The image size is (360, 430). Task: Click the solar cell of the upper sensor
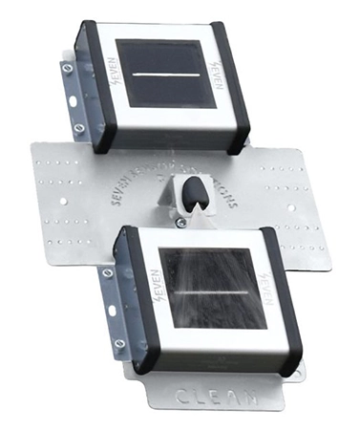[159, 74]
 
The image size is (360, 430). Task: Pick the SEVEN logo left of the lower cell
[151, 279]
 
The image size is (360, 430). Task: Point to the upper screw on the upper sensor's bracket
[66, 68]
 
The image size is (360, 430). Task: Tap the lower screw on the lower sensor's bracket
[118, 342]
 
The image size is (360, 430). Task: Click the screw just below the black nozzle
[181, 223]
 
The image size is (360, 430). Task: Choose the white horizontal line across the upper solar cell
[159, 74]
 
